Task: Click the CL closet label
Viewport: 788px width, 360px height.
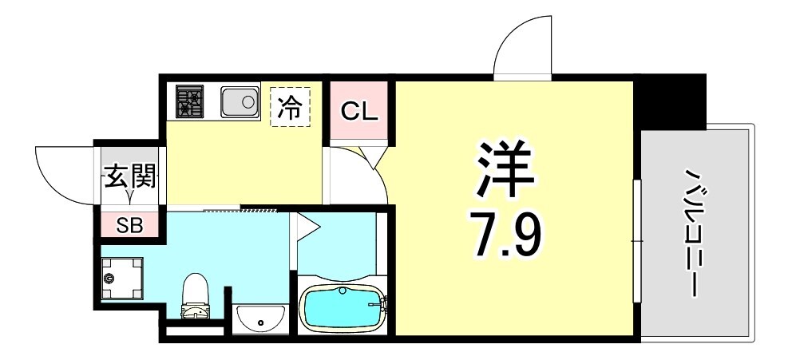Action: pyautogui.click(x=358, y=111)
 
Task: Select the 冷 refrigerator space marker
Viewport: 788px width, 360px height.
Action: pyautogui.click(x=290, y=107)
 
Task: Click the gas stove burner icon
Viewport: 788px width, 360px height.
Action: pyautogui.click(x=190, y=101)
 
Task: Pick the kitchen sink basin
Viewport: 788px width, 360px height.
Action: pyautogui.click(x=240, y=101)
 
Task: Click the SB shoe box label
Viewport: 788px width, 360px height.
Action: pyautogui.click(x=129, y=225)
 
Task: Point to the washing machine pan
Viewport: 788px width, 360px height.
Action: pyautogui.click(x=122, y=279)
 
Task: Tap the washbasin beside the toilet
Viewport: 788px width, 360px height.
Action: pyautogui.click(x=260, y=318)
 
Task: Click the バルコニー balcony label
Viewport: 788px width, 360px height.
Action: pyautogui.click(x=693, y=232)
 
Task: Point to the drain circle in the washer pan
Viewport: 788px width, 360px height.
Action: pyautogui.click(x=109, y=278)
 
